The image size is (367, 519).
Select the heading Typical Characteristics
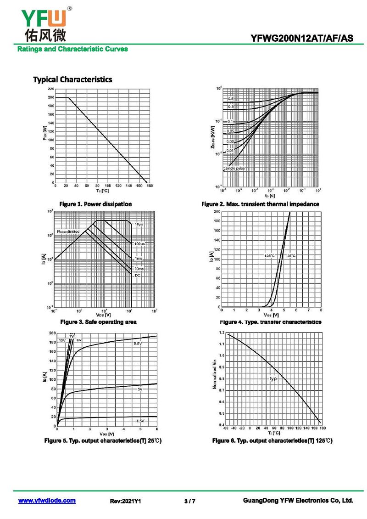tap(72, 79)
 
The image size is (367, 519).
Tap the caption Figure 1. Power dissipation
tap(95, 204)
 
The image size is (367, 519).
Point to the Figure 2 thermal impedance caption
tap(260, 204)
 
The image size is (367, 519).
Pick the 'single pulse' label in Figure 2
tap(234, 169)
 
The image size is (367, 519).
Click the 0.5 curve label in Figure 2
tap(231, 99)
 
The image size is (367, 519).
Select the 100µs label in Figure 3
tap(140, 243)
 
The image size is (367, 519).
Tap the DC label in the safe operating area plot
tap(137, 275)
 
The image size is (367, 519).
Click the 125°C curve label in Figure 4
tap(269, 255)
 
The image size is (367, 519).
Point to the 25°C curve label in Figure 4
tap(292, 255)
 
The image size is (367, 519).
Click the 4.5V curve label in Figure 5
tap(139, 421)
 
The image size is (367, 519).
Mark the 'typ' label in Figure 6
tap(273, 379)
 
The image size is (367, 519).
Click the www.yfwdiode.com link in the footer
tap(47, 501)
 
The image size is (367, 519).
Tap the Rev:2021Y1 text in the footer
tap(125, 501)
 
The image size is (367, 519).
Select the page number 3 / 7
tap(189, 501)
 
